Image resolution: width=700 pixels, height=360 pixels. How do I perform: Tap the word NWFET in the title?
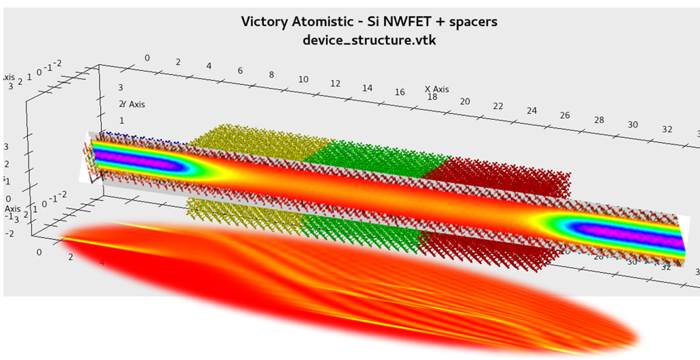pos(402,22)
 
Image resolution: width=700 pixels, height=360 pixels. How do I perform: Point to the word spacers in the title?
pos(474,22)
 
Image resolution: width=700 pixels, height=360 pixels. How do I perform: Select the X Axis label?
pos(437,89)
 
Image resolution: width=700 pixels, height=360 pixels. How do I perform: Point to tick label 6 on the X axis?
pos(240,70)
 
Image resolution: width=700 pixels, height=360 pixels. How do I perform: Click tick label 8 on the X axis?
pos(271,75)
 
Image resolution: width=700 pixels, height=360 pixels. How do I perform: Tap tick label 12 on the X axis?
pos(335,84)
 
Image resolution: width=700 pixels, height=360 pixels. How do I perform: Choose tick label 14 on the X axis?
pos(367,88)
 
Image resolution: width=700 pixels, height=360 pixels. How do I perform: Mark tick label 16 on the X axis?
pos(399,93)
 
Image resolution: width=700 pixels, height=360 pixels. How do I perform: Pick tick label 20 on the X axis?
pos(465,101)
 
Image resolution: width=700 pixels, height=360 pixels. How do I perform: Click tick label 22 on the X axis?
pos(498,106)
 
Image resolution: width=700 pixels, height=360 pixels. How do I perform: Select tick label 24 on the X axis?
pos(531,110)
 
